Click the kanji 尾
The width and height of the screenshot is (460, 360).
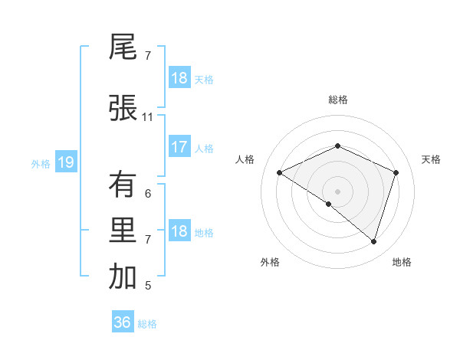[123, 47]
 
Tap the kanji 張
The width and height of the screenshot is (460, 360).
[123, 108]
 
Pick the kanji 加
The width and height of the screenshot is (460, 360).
[123, 277]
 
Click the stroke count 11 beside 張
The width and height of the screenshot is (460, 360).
[148, 117]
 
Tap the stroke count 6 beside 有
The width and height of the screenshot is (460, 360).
[148, 194]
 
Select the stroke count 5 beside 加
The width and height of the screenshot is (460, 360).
[148, 286]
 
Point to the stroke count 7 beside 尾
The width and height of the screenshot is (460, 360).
[148, 56]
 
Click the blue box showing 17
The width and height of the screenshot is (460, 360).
[179, 148]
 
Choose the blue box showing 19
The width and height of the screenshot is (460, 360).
[65, 162]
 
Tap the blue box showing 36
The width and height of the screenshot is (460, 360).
[123, 322]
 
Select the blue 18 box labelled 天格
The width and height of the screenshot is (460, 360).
[179, 78]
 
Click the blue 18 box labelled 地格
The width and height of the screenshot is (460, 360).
[179, 232]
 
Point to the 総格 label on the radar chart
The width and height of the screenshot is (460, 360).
[338, 100]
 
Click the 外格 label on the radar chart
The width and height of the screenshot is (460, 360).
[270, 262]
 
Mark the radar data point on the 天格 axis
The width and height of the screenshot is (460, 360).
[396, 172]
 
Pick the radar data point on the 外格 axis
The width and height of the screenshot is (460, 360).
[329, 204]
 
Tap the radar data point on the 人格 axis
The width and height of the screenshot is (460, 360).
[280, 172]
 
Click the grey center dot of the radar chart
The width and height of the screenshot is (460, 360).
[338, 191]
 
